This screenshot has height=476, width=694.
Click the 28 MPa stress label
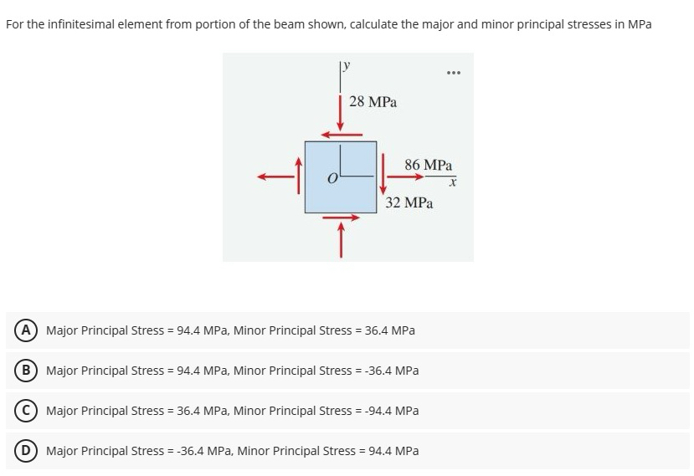tap(373, 102)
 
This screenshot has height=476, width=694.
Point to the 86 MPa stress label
tap(428, 165)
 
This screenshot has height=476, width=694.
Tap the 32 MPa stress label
tap(409, 202)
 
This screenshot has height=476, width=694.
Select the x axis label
tap(452, 182)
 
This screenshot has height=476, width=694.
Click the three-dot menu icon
tap(454, 73)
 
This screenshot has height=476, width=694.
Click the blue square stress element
tap(340, 177)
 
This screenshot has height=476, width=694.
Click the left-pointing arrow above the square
tap(343, 133)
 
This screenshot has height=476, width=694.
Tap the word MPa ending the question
tap(639, 24)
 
